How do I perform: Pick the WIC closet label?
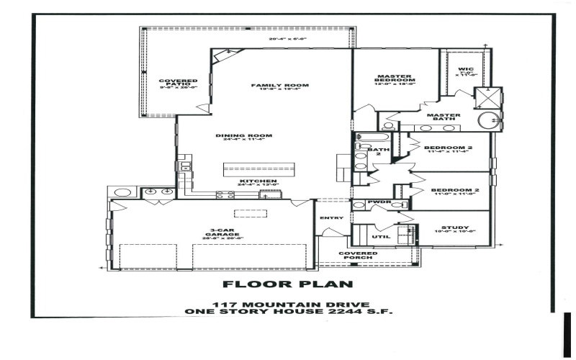point(465,69)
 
